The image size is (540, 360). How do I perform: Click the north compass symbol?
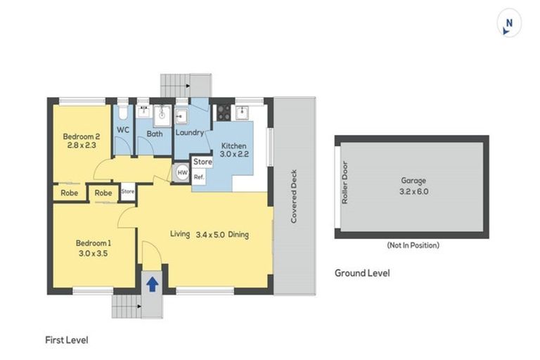[508, 23]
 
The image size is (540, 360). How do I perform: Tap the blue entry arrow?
[152, 285]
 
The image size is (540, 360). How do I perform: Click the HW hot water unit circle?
[182, 172]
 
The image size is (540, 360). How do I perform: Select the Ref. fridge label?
[199, 177]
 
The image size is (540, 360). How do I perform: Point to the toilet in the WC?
[123, 112]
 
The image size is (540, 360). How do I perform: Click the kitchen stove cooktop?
[224, 112]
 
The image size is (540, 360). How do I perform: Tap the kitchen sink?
[242, 112]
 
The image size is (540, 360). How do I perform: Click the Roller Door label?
[345, 183]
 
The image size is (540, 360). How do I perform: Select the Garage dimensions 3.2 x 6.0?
[413, 191]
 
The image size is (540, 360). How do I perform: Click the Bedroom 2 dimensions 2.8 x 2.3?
[82, 145]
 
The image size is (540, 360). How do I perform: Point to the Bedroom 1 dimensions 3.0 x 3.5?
[93, 254]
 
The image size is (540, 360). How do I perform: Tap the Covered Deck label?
[293, 196]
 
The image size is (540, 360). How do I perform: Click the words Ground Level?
[362, 274]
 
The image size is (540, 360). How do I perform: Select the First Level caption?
[67, 340]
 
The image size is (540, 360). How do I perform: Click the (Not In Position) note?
[413, 245]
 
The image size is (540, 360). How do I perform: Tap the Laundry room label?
[190, 133]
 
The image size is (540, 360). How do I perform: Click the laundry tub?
[181, 117]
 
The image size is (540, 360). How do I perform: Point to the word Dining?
[238, 235]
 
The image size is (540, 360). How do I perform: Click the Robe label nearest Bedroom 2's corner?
[69, 193]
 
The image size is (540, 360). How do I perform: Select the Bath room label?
[155, 134]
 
